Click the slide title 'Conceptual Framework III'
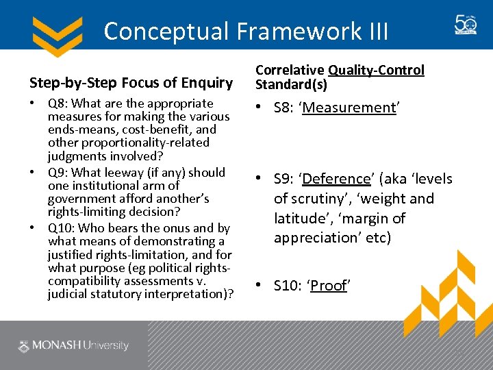pos(246,31)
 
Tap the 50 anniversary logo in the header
pos(466,25)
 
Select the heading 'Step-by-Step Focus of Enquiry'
pos(131,83)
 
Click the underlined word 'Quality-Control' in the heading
pos(376,70)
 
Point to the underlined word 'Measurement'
pos(350,108)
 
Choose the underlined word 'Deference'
pos(336,179)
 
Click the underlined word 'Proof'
pos(329,286)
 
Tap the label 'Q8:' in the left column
pos(58,103)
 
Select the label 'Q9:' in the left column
pos(58,172)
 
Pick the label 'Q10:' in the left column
pos(60,228)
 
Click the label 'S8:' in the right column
pos(285,108)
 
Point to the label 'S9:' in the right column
pos(285,179)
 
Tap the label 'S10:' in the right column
pos(288,286)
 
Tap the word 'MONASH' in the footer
pos(59,346)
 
